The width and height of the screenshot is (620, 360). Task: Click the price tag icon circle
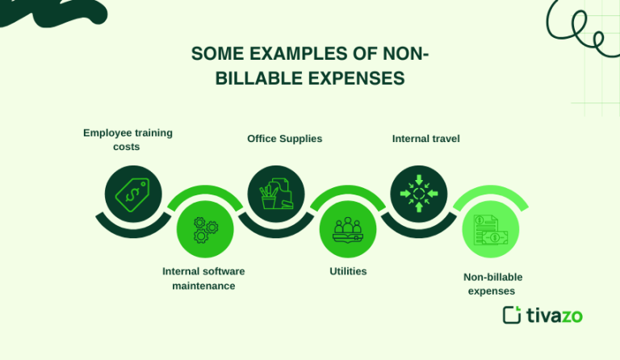click(133, 194)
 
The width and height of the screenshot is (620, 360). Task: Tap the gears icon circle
click(205, 229)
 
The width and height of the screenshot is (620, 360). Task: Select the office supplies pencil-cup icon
click(275, 194)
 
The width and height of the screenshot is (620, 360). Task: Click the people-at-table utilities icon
click(348, 229)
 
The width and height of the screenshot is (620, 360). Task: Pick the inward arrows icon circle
click(418, 194)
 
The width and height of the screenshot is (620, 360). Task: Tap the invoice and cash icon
click(490, 229)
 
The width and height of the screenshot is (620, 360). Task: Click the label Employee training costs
click(128, 140)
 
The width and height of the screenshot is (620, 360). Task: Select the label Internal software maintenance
click(203, 278)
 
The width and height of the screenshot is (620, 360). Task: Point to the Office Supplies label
click(284, 139)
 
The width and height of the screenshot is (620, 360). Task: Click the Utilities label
click(348, 271)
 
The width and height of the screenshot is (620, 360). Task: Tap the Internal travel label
click(425, 139)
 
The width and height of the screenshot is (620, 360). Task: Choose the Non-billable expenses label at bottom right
click(492, 284)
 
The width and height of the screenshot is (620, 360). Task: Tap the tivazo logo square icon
click(512, 315)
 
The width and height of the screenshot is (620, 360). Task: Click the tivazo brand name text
click(555, 315)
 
